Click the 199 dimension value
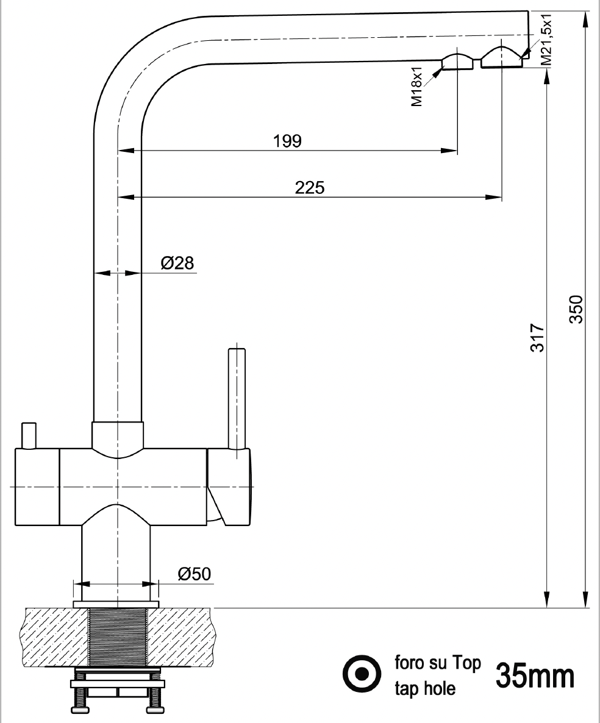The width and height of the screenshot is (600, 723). click(x=288, y=141)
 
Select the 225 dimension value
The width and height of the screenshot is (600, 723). click(x=310, y=187)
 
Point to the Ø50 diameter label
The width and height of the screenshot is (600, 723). click(x=194, y=574)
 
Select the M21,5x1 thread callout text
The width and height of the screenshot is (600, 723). click(x=546, y=40)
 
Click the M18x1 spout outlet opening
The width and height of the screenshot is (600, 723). click(x=457, y=63)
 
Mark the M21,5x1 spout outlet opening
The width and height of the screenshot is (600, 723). click(x=501, y=57)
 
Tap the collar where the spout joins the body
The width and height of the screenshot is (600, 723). click(x=118, y=435)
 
